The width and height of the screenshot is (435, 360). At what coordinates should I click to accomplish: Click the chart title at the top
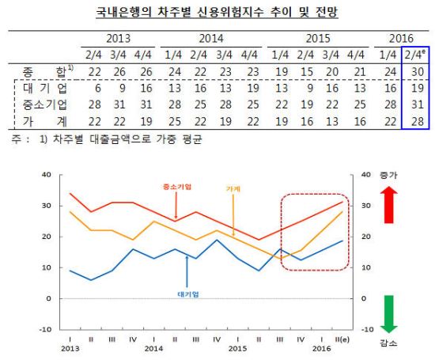tap(217, 12)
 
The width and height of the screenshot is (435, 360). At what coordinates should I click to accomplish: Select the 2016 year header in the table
tap(401, 38)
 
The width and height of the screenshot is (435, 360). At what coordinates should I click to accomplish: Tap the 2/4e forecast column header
tap(414, 55)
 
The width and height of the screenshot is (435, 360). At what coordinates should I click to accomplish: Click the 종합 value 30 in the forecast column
tap(418, 72)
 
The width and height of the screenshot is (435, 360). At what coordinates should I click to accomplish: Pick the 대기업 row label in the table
tap(45, 89)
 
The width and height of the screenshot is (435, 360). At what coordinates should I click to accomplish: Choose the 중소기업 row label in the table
tap(45, 104)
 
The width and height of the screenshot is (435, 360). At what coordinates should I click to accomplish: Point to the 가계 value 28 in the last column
tap(418, 121)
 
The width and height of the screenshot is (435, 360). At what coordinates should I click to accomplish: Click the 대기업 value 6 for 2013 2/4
tap(97, 89)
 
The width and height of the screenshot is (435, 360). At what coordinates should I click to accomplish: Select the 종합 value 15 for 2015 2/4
tap(307, 72)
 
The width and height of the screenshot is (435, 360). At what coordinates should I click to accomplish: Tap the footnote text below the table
tap(107, 138)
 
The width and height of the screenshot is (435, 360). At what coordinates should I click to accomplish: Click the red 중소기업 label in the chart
tap(177, 187)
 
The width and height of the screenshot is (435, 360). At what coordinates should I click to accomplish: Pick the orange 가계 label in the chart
tap(233, 189)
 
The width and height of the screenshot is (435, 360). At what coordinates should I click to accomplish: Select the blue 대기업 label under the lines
tap(188, 294)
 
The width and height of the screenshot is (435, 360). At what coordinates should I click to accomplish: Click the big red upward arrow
tap(388, 205)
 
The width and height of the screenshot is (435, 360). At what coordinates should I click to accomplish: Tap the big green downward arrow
tap(388, 314)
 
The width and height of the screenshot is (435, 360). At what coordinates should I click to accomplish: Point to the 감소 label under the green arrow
tap(388, 343)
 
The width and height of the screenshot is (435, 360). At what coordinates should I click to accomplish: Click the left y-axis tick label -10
tap(46, 329)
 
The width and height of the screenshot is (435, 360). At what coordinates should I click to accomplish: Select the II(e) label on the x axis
tap(342, 339)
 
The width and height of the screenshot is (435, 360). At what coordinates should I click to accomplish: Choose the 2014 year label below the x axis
tap(153, 348)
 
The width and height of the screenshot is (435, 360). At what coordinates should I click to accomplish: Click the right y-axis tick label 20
tap(366, 237)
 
